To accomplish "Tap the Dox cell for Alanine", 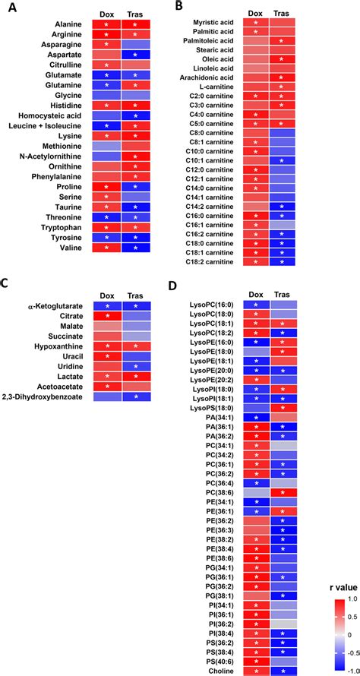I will pos(107,24).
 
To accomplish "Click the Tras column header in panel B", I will pos(280,13).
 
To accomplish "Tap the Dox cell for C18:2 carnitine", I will pos(256,262).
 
